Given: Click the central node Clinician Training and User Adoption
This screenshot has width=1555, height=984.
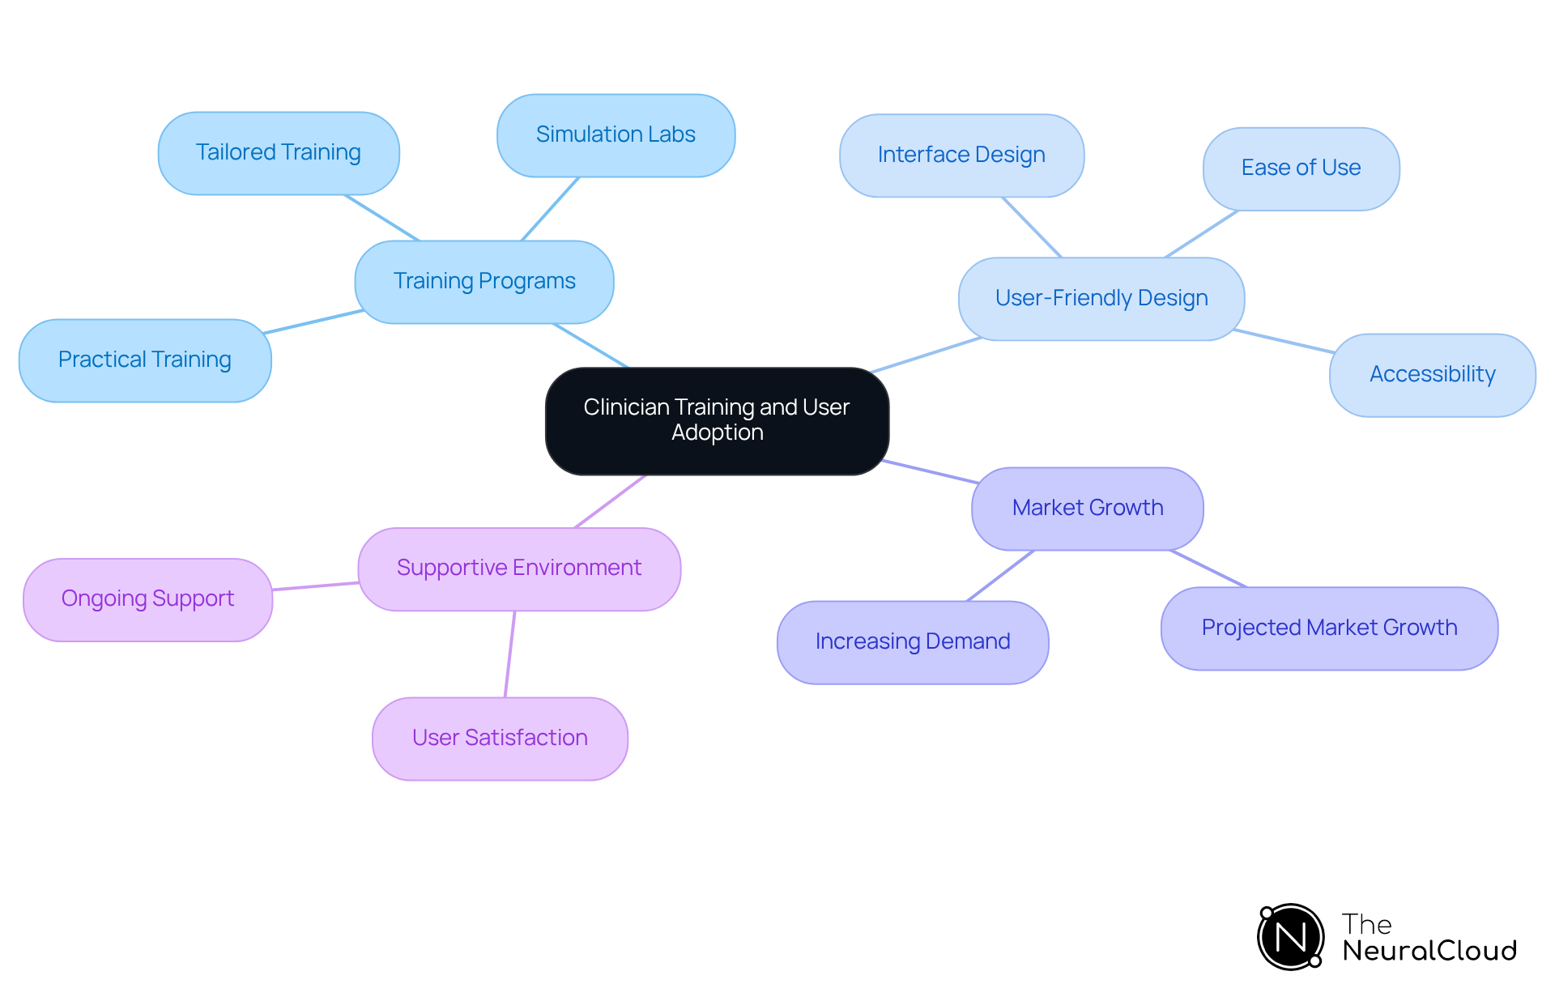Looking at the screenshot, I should click(x=717, y=420).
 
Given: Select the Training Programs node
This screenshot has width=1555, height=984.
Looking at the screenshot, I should click(x=484, y=281).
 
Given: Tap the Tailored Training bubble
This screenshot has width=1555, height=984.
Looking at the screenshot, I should click(x=279, y=152).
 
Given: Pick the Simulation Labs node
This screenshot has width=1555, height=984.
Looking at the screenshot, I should click(x=616, y=134).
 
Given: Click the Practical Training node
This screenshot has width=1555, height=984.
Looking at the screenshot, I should click(x=145, y=360).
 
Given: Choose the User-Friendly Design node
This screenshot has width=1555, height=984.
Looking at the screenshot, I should click(x=1101, y=298).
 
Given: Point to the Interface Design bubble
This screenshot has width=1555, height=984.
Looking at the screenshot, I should click(x=961, y=155).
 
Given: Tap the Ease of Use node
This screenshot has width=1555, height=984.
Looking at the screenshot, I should click(x=1301, y=168).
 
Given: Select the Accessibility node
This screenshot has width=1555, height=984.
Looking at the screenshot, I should click(x=1432, y=374).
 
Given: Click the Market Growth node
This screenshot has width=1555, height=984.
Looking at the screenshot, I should click(x=1088, y=508).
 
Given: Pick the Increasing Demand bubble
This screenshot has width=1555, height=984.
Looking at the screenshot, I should click(x=913, y=641).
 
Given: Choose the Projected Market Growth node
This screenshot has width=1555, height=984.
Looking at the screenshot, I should click(x=1329, y=628).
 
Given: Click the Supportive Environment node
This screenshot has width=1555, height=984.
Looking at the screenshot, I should click(x=519, y=568).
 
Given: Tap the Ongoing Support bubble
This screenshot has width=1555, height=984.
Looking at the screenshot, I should click(x=147, y=598).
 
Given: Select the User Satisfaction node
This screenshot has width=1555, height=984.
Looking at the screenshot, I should click(x=500, y=738).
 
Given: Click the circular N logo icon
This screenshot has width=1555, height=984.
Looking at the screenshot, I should click(x=1290, y=937).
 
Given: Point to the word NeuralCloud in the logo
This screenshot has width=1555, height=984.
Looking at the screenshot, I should click(x=1429, y=951).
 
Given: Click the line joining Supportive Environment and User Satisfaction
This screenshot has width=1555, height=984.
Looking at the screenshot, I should click(x=510, y=654).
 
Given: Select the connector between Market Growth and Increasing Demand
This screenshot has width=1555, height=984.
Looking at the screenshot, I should click(x=1000, y=576).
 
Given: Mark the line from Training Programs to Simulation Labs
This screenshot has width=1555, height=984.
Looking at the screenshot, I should click(x=550, y=209).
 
